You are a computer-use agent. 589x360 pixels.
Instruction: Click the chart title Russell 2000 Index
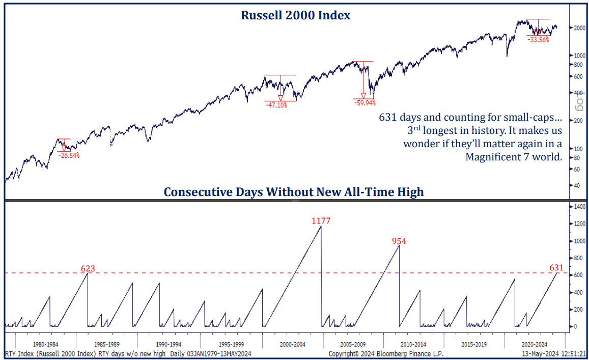(295, 15)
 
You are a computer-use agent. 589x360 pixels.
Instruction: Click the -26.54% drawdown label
(69, 155)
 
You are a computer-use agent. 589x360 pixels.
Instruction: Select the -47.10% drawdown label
(276, 105)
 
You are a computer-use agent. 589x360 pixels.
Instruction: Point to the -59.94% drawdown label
(364, 103)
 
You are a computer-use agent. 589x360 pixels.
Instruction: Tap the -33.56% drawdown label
(538, 40)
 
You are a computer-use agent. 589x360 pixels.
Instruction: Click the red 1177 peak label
(321, 221)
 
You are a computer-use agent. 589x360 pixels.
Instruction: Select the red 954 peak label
(399, 241)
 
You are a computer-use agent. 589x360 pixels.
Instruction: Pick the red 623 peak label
(88, 268)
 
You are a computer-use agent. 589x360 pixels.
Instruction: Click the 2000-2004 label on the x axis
(293, 344)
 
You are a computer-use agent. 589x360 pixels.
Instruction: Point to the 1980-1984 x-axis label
(46, 344)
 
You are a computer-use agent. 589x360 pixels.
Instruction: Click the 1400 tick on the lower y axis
(579, 207)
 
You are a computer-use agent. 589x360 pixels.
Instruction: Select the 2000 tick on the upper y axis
(579, 28)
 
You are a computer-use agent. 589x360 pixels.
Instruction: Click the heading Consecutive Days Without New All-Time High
(294, 192)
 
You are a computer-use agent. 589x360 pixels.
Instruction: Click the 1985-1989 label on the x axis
(107, 344)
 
